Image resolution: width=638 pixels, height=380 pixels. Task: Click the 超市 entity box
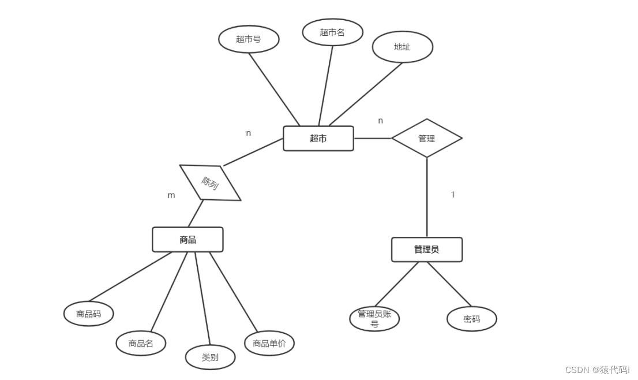318,139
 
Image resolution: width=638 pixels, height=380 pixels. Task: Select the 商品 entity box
187,240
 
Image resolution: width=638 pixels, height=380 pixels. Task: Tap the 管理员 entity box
426,249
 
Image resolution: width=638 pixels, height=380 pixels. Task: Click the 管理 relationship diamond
426,139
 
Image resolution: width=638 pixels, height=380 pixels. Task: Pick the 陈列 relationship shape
210,183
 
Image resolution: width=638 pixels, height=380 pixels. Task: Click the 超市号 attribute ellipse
249,39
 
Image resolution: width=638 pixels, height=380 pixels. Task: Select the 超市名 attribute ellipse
332,32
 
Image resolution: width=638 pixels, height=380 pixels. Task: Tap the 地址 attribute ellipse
402,47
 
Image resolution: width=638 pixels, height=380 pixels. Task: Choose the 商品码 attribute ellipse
88,314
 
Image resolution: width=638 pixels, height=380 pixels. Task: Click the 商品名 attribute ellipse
141,344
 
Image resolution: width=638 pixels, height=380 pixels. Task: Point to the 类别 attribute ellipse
210,357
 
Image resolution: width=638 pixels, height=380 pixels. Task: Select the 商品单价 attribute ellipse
269,344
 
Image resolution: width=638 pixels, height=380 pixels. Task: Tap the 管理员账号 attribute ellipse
374,319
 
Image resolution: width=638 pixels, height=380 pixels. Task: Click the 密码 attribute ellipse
471,319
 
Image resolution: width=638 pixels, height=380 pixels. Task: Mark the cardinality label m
171,195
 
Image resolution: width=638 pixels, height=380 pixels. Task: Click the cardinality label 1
453,195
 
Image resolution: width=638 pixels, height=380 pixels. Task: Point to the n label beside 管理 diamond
380,121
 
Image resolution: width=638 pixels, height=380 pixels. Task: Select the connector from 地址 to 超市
366,94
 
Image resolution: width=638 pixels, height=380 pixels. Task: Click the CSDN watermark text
597,370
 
